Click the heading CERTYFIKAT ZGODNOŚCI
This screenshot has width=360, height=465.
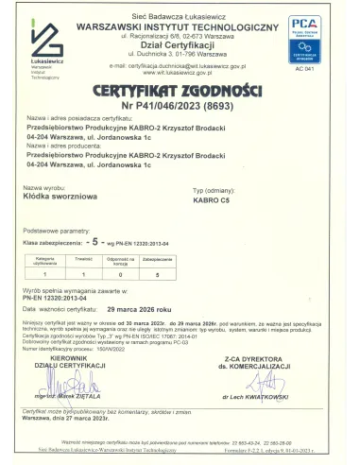click(180, 89)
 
